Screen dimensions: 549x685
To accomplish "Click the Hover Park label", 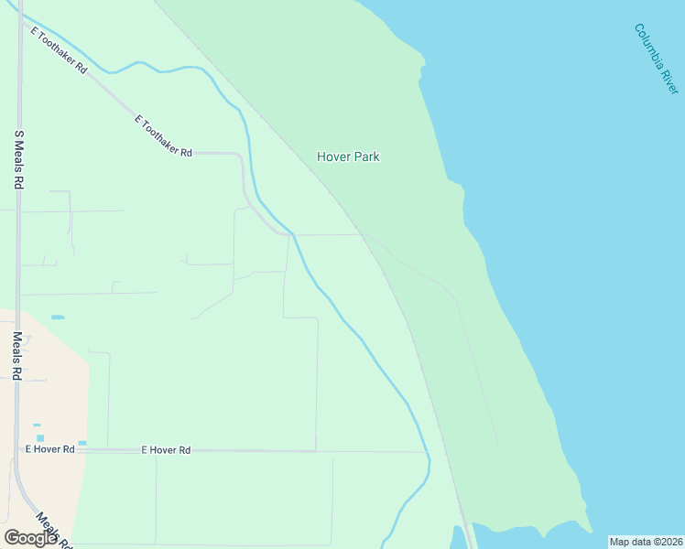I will [348, 156].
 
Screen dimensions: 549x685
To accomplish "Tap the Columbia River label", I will [656, 59].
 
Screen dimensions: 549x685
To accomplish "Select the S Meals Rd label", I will [17, 158].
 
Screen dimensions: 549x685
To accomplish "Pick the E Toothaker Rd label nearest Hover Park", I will [163, 136].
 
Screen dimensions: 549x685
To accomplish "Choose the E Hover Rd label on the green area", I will [166, 450].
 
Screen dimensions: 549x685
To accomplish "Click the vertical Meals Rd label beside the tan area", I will [16, 355].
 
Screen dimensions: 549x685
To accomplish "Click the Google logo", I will [31, 538].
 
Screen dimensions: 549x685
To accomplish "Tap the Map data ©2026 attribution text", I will [646, 542].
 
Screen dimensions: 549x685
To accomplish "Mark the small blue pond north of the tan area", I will [58, 317].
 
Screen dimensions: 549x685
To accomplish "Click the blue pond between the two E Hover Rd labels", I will [82, 443].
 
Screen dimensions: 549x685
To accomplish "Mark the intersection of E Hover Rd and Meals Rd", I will [17, 450].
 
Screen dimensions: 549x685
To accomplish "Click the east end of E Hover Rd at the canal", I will [428, 452].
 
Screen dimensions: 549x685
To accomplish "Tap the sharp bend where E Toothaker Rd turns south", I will [240, 156].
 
